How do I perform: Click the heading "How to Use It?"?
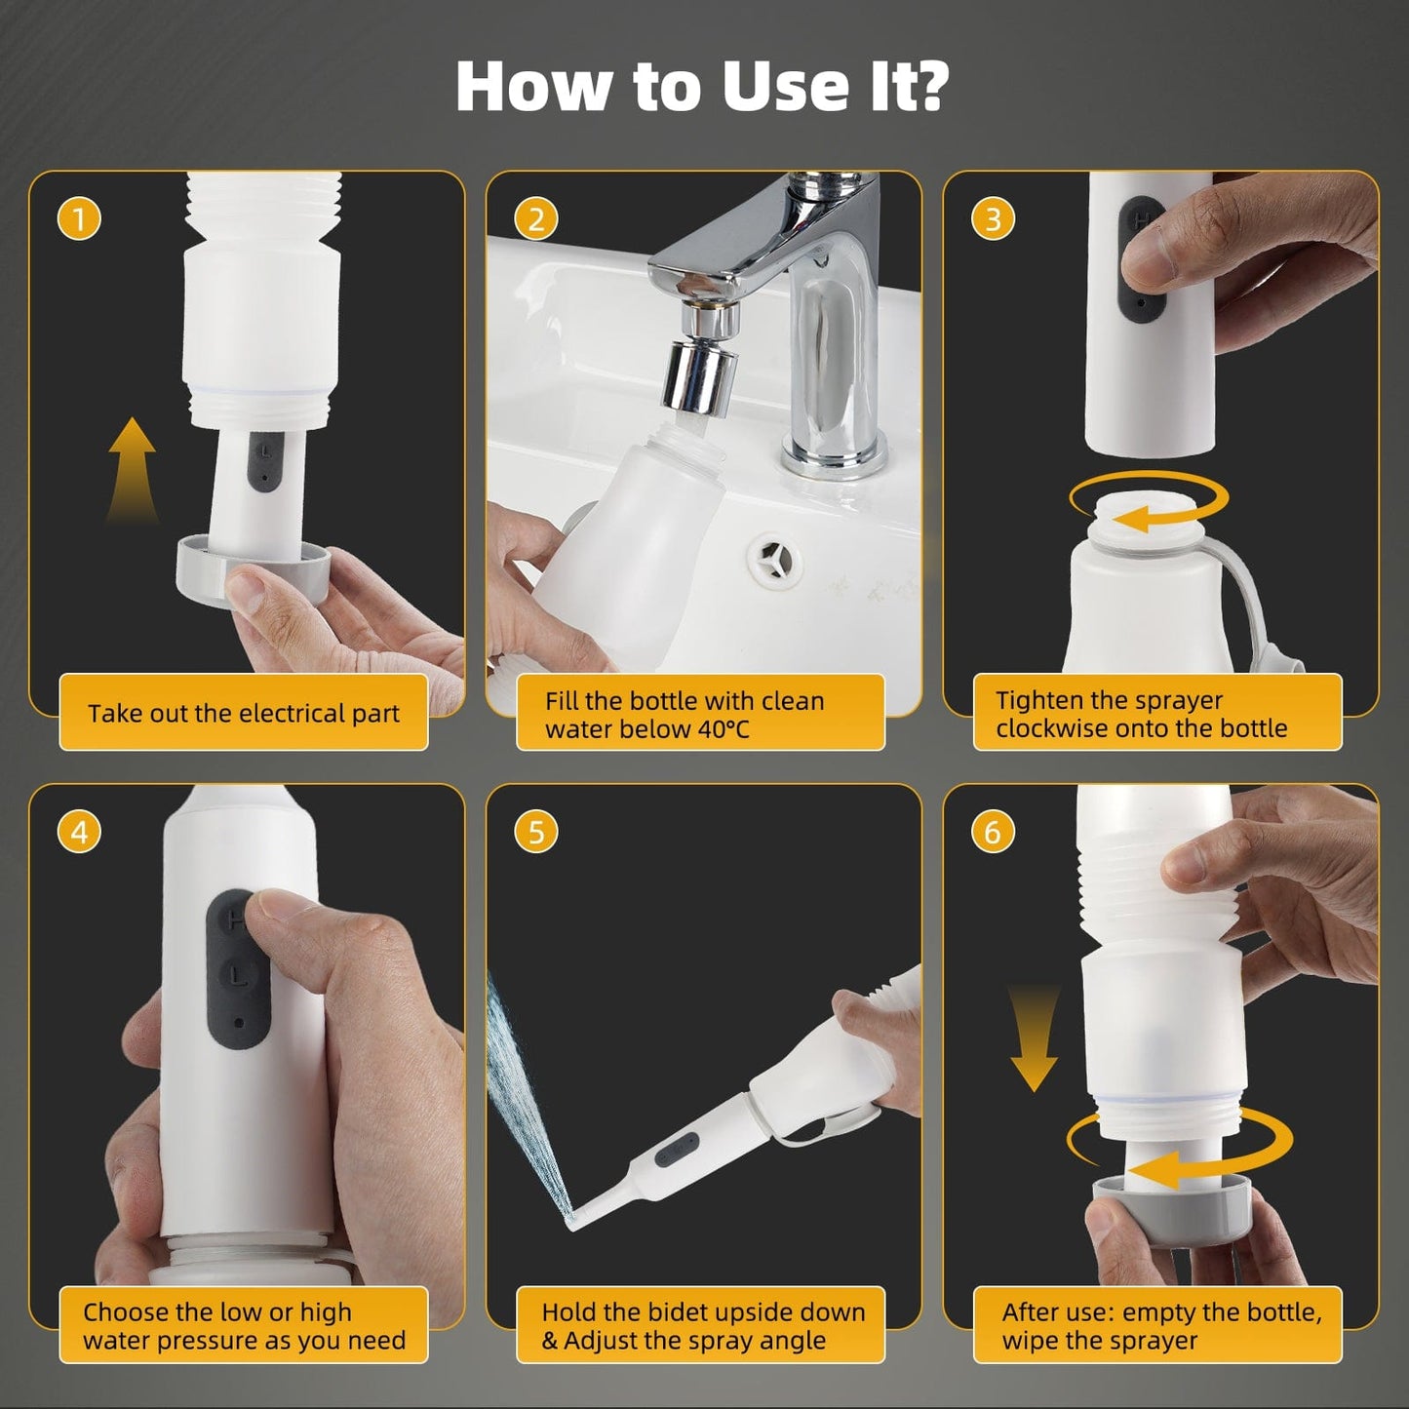(702, 86)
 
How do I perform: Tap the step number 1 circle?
(79, 219)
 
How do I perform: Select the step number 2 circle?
(535, 219)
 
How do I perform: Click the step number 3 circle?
(993, 219)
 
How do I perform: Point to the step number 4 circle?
(79, 832)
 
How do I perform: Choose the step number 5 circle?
(535, 832)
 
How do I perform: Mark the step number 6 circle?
(993, 832)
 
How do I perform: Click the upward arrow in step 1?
(132, 468)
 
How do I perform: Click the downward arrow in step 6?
(1034, 1038)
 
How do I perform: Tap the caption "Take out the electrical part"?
(243, 713)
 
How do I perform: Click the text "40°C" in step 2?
(723, 729)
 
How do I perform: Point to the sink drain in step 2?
(775, 560)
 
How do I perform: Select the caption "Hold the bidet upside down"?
(703, 1311)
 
